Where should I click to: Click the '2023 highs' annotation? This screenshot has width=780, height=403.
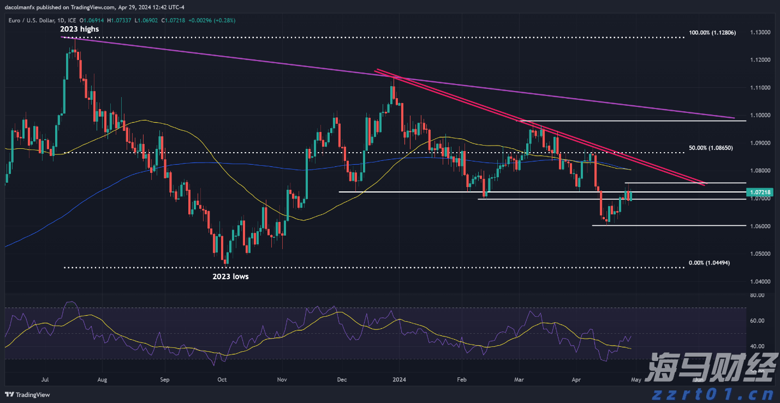(x=80, y=29)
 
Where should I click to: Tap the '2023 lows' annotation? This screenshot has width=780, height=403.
(x=230, y=276)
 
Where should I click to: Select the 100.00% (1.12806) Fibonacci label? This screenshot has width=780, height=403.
(x=712, y=33)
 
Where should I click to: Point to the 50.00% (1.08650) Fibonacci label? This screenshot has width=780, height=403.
(x=710, y=148)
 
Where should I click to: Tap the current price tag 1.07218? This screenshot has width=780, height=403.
(x=761, y=192)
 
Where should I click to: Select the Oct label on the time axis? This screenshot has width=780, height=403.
(x=222, y=379)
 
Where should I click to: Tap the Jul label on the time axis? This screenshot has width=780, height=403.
(x=46, y=379)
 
